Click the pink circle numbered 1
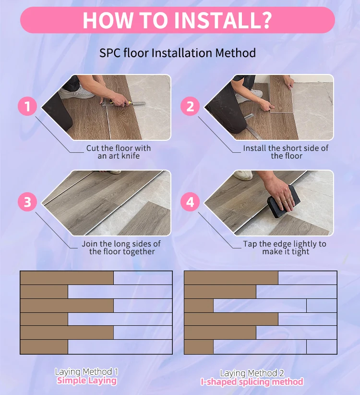27,106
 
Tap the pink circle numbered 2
190,106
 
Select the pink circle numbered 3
27,202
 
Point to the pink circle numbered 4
190,202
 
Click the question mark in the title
264,20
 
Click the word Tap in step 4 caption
250,244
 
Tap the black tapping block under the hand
283,202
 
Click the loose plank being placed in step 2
281,94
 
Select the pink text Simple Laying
87,381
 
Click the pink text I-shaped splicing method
252,382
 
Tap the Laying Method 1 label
86,371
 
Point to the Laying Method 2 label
252,373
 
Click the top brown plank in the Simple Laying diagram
67,278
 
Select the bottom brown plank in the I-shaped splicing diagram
199,346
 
